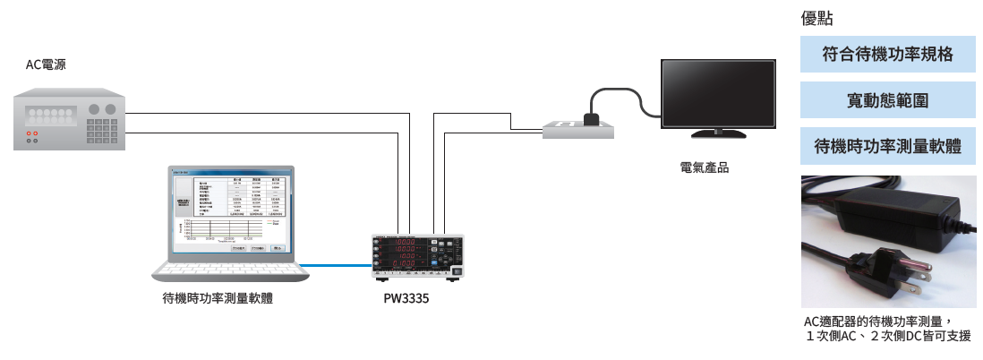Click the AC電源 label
click(x=45, y=64)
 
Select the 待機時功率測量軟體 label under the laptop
click(x=218, y=299)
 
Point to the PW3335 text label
click(x=406, y=299)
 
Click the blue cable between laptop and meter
click(x=336, y=264)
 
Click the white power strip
click(x=578, y=129)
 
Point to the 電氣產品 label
click(x=705, y=167)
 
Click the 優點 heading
click(x=816, y=19)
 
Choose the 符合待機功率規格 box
click(x=887, y=56)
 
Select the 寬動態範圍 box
click(x=887, y=99)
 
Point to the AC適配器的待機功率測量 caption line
click(x=876, y=321)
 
